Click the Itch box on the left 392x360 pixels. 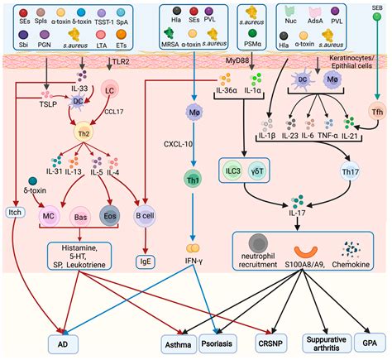[x=14, y=213]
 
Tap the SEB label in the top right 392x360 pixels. [x=377, y=7]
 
